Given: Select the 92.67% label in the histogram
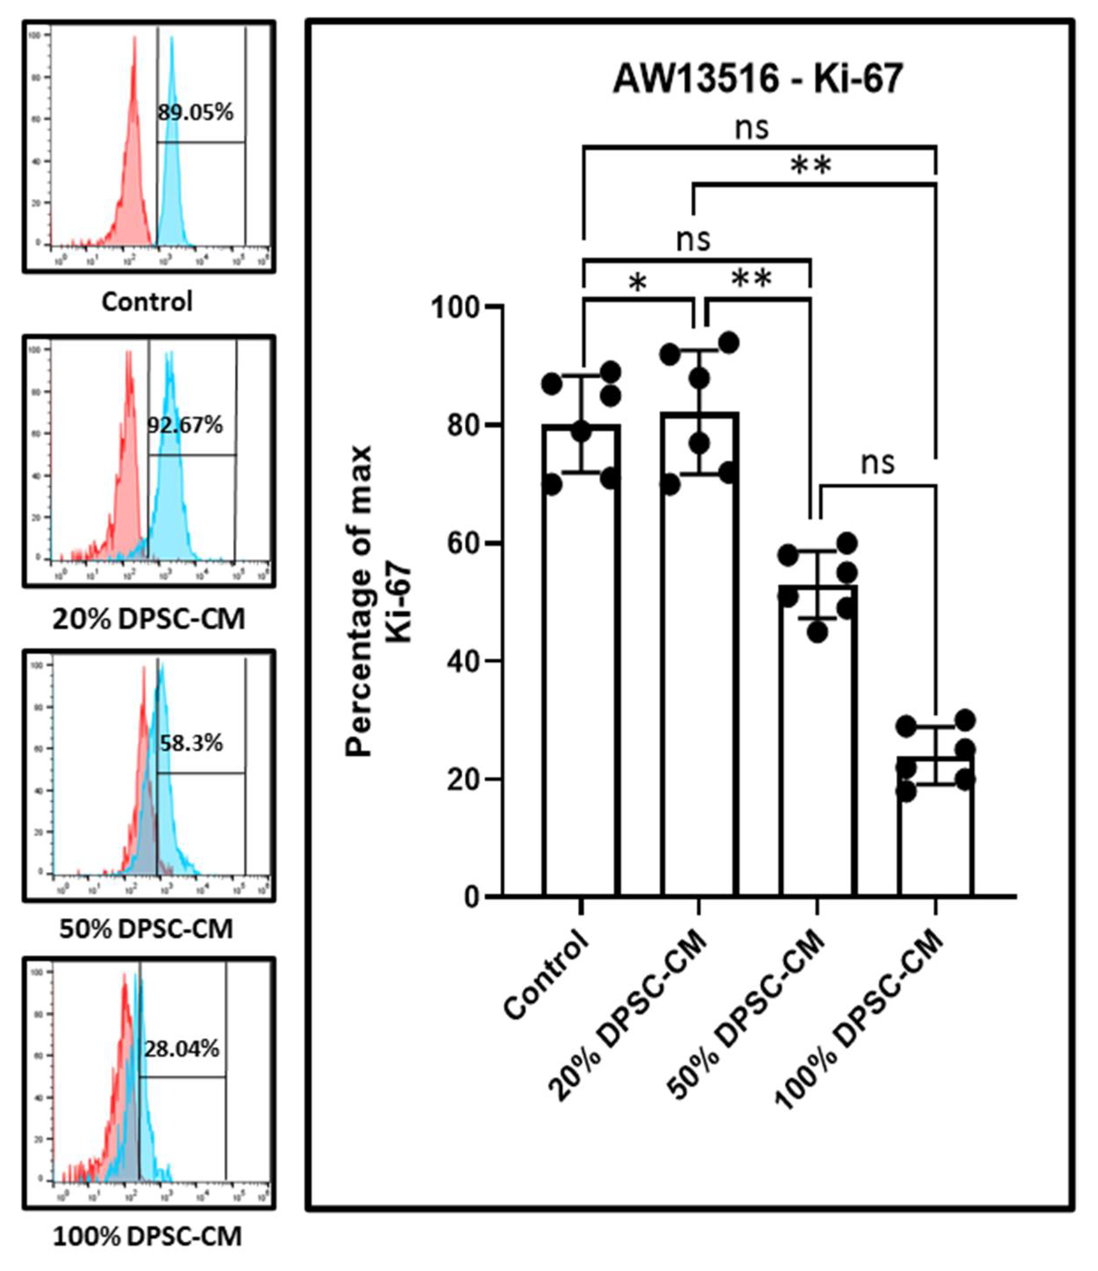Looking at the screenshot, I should click(185, 425).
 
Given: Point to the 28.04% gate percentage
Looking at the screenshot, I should click(182, 1050).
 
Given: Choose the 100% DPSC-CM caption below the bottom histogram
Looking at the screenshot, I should click(147, 1237).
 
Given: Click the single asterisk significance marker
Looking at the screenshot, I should click(638, 284).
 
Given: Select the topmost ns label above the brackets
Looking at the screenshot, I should click(752, 129).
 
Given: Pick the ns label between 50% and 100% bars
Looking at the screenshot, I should click(878, 463).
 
